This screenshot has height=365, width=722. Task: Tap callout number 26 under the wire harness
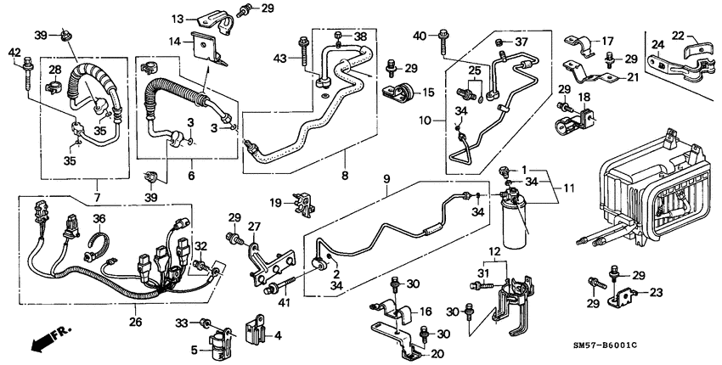click(x=136, y=323)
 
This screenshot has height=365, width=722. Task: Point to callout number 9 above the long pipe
click(x=386, y=179)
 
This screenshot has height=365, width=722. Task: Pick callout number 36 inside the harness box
click(x=98, y=219)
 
